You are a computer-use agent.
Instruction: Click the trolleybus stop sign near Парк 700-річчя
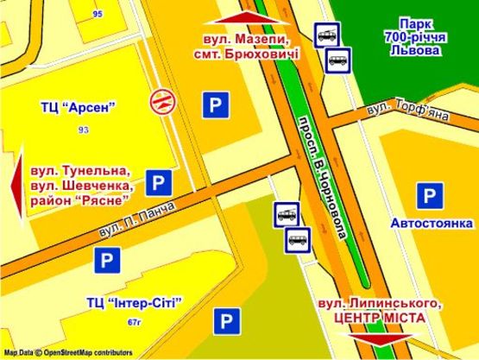pyautogui.click(x=326, y=35)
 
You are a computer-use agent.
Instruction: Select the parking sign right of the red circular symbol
pyautogui.click(x=215, y=106)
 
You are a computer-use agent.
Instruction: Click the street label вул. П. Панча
pyautogui.click(x=137, y=219)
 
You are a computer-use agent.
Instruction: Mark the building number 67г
pyautogui.click(x=133, y=321)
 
